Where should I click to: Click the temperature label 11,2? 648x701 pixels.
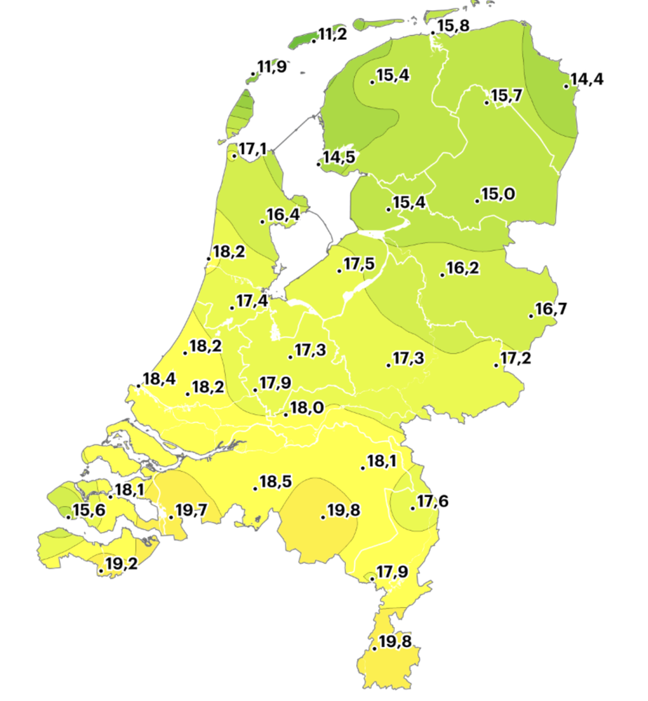(332, 34)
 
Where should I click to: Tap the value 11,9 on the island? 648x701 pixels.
(271, 67)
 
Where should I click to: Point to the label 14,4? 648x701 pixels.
(586, 80)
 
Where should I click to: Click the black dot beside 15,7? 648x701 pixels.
(487, 103)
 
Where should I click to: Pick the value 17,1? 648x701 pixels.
(252, 149)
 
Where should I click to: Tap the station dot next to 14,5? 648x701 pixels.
(320, 165)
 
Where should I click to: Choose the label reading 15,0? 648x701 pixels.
(499, 194)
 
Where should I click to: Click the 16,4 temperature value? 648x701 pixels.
(283, 215)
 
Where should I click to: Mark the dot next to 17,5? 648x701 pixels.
(339, 271)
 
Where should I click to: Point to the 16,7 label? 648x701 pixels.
(551, 309)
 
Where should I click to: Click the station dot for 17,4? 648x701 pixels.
(232, 308)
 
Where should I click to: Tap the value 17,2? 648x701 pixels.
(517, 359)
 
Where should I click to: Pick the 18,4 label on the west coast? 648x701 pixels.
(159, 380)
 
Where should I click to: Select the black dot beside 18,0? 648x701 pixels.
(286, 415)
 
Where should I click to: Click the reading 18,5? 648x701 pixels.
(276, 482)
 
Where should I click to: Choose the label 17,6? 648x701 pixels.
(433, 501)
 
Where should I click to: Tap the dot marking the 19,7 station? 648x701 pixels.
(171, 517)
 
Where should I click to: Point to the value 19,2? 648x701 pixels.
(121, 564)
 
